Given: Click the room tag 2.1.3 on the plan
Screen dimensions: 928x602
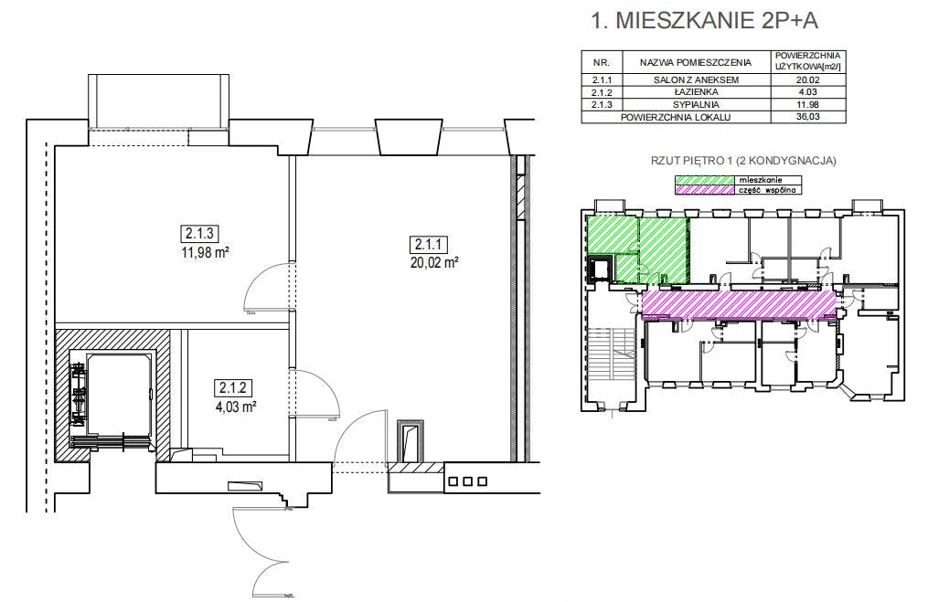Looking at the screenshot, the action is pos(199,234).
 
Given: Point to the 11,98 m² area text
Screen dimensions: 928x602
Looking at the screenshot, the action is pos(205,253).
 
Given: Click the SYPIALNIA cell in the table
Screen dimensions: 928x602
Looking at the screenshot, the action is pos(696,105).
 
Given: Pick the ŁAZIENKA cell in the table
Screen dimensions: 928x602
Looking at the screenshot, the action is pos(696,92).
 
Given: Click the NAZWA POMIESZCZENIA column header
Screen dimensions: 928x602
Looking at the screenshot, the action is pos(696,62).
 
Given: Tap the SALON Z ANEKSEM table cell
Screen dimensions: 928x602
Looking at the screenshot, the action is pos(696,79).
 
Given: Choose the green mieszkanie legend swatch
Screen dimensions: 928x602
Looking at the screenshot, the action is pos(704,180).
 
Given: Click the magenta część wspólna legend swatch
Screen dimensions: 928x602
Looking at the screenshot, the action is pos(704,190).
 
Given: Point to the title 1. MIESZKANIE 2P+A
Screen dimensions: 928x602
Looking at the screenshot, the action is pos(704,21).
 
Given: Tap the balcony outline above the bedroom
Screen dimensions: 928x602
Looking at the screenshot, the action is pos(158,101).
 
